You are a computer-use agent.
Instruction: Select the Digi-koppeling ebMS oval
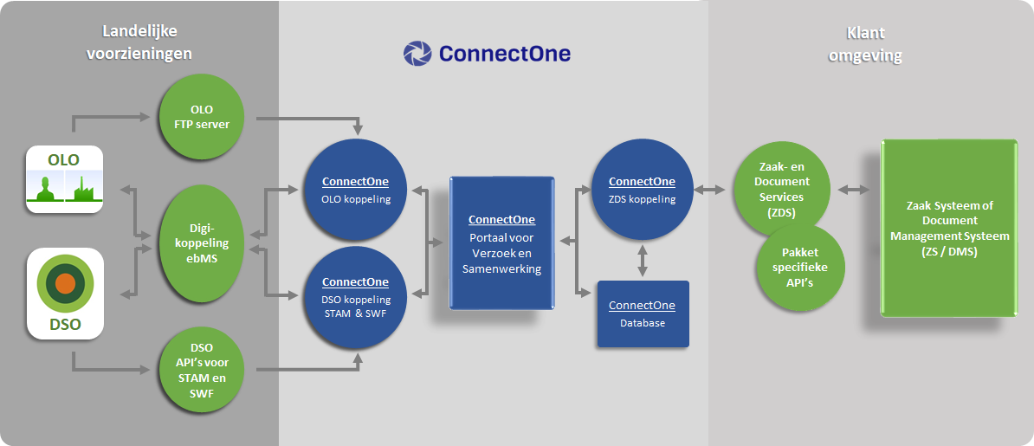(x=206, y=242)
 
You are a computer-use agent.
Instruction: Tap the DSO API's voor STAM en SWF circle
(x=206, y=371)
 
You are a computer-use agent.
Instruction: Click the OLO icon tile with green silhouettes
(x=65, y=178)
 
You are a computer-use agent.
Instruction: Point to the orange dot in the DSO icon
(x=65, y=283)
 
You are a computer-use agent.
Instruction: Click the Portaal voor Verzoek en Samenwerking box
(x=501, y=242)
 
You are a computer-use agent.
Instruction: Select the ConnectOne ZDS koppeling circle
(x=643, y=190)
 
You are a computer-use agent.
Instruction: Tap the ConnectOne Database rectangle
(x=643, y=314)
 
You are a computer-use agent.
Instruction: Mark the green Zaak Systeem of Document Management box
(x=949, y=229)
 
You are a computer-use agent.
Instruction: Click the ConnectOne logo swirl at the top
(x=417, y=54)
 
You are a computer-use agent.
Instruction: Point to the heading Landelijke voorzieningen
(x=139, y=42)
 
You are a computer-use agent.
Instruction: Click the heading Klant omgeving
(x=865, y=44)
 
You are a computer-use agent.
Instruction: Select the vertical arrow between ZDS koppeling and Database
(x=643, y=262)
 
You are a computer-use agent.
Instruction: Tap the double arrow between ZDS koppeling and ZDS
(x=709, y=190)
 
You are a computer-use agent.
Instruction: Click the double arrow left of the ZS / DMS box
(x=853, y=190)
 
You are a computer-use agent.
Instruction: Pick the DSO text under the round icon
(x=65, y=326)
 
